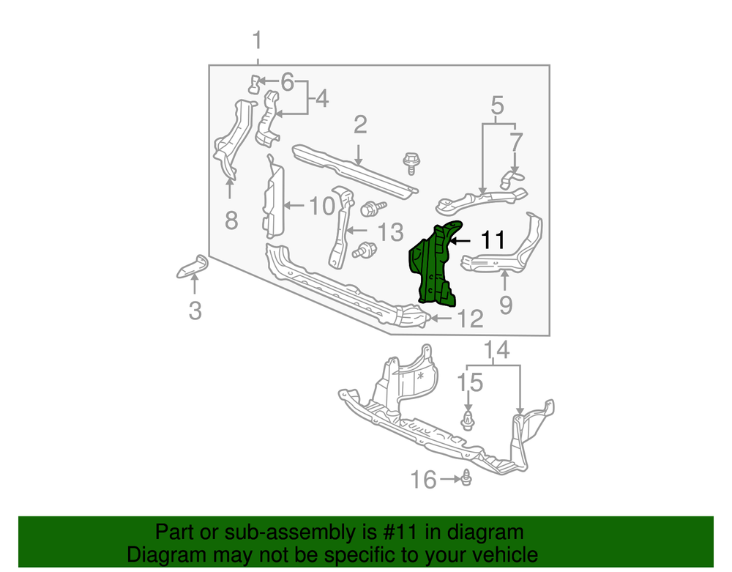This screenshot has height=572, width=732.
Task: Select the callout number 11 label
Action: [493, 240]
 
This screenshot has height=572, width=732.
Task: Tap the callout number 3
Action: [195, 311]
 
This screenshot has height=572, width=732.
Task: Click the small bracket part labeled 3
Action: [193, 267]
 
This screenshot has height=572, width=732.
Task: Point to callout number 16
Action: [423, 480]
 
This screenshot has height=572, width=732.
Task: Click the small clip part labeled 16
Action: [466, 478]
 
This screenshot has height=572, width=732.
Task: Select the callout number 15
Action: [469, 383]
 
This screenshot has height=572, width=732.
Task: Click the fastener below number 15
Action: [467, 420]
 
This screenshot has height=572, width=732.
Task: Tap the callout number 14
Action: [496, 350]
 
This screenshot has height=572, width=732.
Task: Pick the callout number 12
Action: [470, 319]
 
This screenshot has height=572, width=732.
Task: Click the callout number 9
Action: [506, 305]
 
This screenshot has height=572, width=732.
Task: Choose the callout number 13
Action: [390, 232]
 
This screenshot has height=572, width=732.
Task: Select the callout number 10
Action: [322, 206]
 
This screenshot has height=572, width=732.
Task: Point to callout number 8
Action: [231, 220]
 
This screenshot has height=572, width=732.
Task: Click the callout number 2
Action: [360, 125]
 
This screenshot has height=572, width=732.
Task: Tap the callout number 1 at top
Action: [257, 40]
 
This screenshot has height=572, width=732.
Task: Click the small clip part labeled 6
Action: [253, 84]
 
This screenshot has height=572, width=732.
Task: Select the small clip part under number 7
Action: [512, 179]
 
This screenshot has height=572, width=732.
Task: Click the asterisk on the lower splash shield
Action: [421, 376]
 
